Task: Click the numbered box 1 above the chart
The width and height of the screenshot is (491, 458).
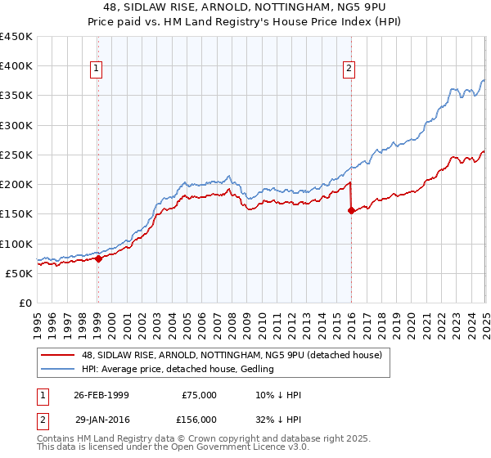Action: pyautogui.click(x=97, y=69)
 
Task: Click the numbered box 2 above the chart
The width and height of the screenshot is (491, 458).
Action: pyautogui.click(x=349, y=69)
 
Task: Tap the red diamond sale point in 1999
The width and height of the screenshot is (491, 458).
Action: pyautogui.click(x=98, y=258)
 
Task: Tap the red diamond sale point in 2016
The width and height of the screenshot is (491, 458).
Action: pyautogui.click(x=351, y=211)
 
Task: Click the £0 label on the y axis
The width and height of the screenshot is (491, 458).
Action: pyautogui.click(x=25, y=303)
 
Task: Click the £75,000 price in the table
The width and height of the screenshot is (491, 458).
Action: pyautogui.click(x=199, y=395)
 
